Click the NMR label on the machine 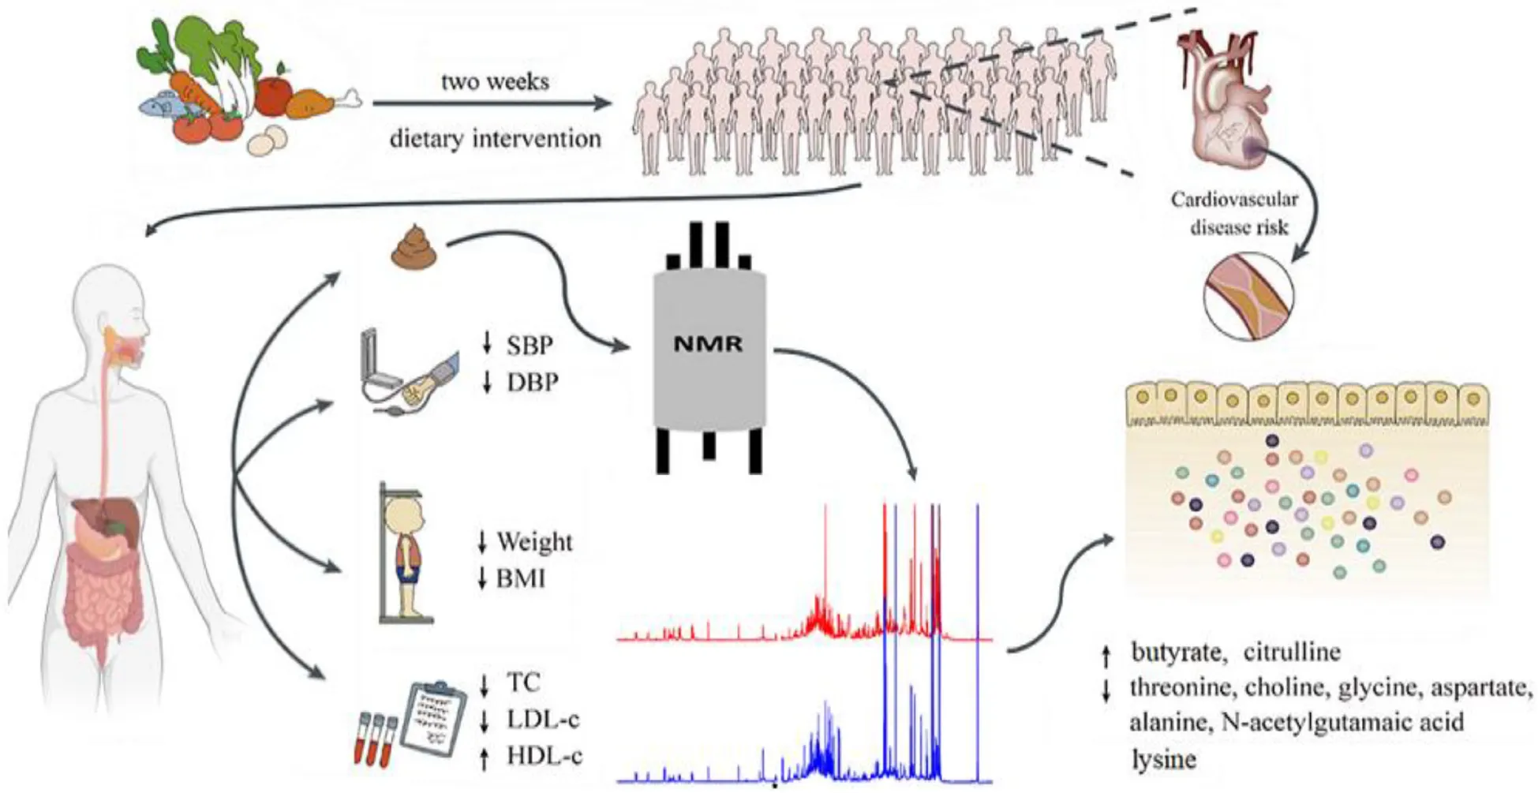click(708, 343)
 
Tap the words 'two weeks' click(495, 81)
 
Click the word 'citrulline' click(1292, 653)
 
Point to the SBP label click(529, 345)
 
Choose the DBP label click(532, 383)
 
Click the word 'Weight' click(534, 542)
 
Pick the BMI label click(520, 578)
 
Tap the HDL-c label click(544, 756)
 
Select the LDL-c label click(542, 719)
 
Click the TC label click(523, 683)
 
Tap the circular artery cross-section click(1248, 296)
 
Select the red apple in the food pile click(274, 95)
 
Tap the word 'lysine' click(1163, 759)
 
